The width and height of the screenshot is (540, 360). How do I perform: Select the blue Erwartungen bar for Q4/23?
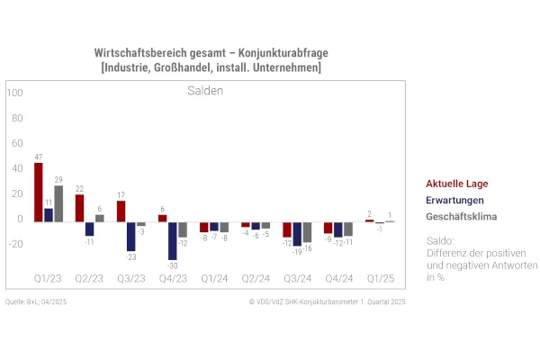point(172,240)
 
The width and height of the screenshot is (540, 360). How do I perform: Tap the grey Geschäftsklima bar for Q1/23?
point(58,202)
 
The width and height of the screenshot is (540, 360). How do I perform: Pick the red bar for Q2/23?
point(79,207)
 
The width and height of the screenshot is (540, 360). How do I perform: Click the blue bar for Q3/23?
point(131,236)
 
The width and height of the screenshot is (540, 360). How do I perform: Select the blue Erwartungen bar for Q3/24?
point(297,233)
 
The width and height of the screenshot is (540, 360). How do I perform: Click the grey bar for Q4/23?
point(183,229)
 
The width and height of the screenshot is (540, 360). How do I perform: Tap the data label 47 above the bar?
point(39,157)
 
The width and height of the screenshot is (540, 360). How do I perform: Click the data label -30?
point(172,265)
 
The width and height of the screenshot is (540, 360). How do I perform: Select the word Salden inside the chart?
point(205,91)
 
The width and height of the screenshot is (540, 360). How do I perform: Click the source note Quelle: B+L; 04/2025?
point(36,302)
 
